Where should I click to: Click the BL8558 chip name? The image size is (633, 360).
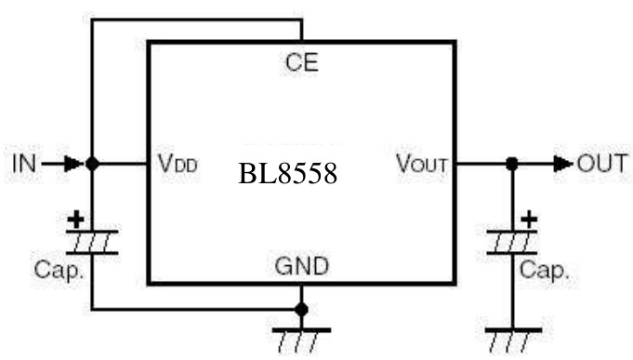(x=287, y=175)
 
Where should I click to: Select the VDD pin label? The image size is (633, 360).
(x=177, y=165)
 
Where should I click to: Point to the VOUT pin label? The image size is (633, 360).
(x=422, y=165)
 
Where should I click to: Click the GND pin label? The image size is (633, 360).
(x=301, y=268)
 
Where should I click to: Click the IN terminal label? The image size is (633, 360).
(x=23, y=164)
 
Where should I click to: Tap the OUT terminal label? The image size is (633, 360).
(x=601, y=164)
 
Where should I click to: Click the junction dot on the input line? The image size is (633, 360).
(x=91, y=164)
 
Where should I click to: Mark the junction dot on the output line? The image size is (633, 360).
(x=512, y=164)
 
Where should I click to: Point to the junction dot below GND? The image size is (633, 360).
(x=301, y=308)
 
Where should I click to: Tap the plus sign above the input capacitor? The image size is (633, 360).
(x=75, y=220)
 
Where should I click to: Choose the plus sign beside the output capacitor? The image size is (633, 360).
(x=529, y=220)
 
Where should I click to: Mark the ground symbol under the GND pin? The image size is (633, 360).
(x=301, y=338)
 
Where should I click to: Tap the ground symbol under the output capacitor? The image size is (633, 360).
(x=512, y=337)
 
